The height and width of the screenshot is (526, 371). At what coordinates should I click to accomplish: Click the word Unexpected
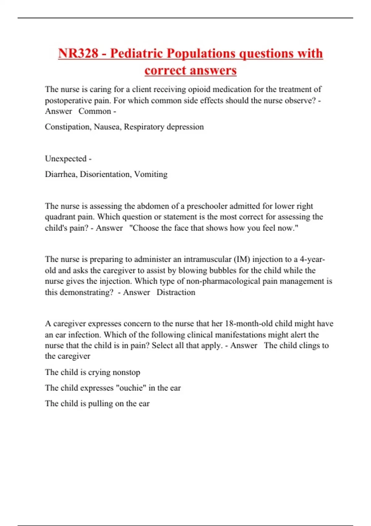(x=66, y=159)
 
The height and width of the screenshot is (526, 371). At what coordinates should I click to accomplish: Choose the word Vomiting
(x=151, y=174)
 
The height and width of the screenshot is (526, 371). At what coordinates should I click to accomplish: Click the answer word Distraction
(x=176, y=292)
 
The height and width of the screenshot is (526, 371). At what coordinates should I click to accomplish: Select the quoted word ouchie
(x=130, y=388)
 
